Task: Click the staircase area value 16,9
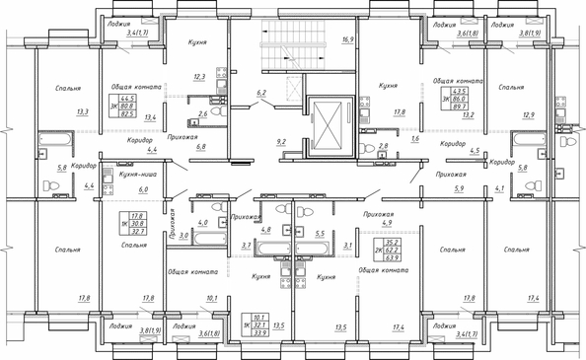(346, 40)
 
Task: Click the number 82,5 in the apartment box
(127, 114)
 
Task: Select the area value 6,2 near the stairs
(261, 93)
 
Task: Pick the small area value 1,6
(414, 140)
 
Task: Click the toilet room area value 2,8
(385, 146)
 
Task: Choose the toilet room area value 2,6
(202, 114)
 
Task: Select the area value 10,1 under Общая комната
(209, 297)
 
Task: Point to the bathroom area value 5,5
(319, 234)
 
